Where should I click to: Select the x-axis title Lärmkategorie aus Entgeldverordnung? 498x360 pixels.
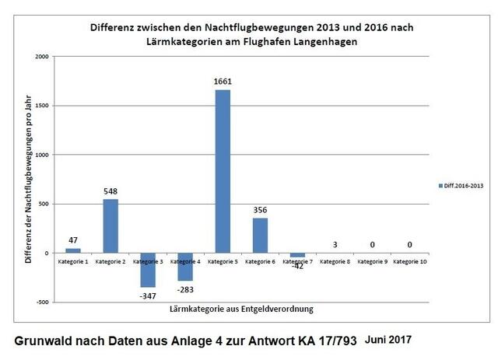241,309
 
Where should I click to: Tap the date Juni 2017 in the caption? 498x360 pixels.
387,340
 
